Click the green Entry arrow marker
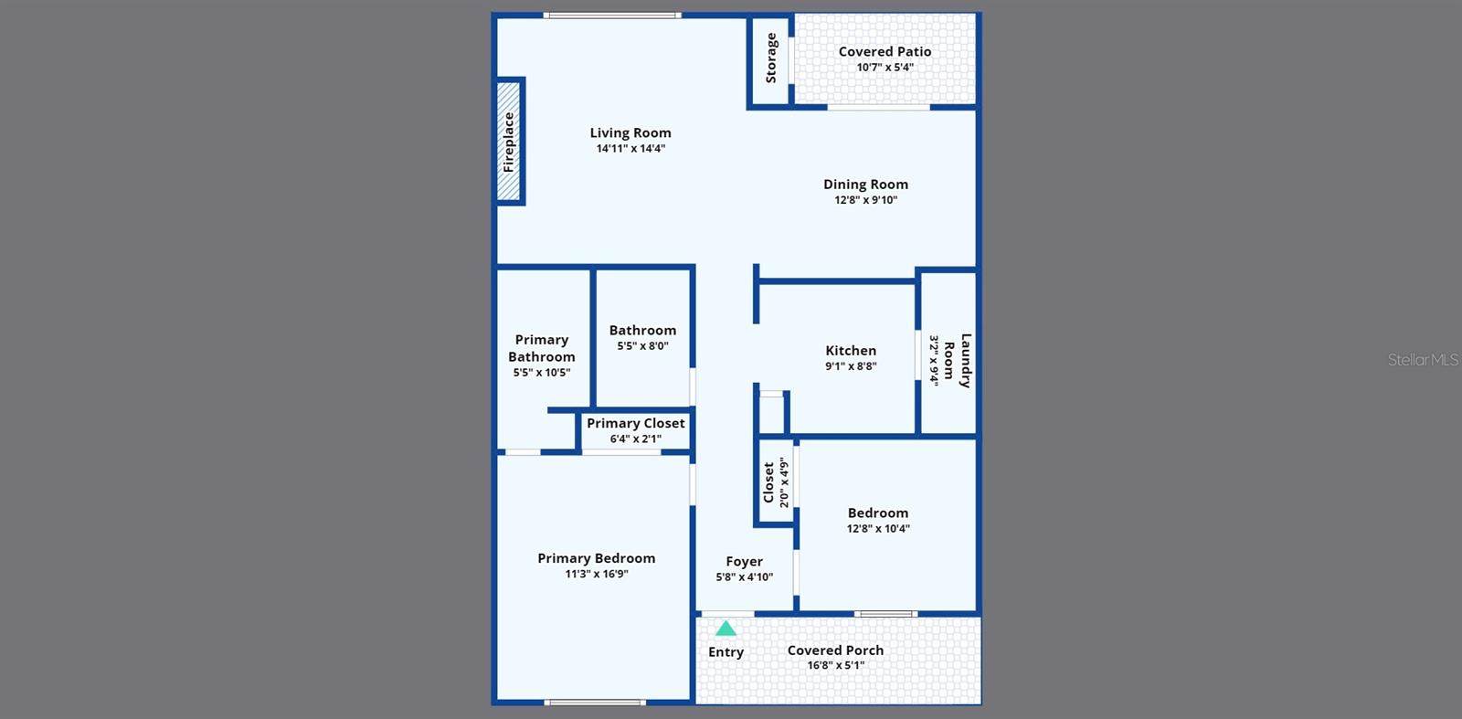click(726, 629)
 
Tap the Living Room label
click(630, 133)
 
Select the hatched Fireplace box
click(509, 142)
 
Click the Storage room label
click(771, 58)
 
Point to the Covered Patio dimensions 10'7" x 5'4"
click(885, 68)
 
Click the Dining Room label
click(865, 185)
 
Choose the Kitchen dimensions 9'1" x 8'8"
click(851, 366)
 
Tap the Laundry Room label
click(957, 361)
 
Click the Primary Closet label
click(635, 423)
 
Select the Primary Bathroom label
click(542, 348)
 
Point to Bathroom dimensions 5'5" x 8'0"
click(642, 346)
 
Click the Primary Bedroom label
click(596, 558)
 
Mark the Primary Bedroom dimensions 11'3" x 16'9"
click(596, 575)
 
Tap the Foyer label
click(744, 562)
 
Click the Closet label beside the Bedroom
click(768, 481)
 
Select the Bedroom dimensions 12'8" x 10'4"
click(878, 529)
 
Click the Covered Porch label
click(835, 650)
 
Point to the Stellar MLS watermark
click(1423, 360)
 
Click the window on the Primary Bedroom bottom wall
click(595, 703)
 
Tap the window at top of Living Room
click(612, 16)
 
